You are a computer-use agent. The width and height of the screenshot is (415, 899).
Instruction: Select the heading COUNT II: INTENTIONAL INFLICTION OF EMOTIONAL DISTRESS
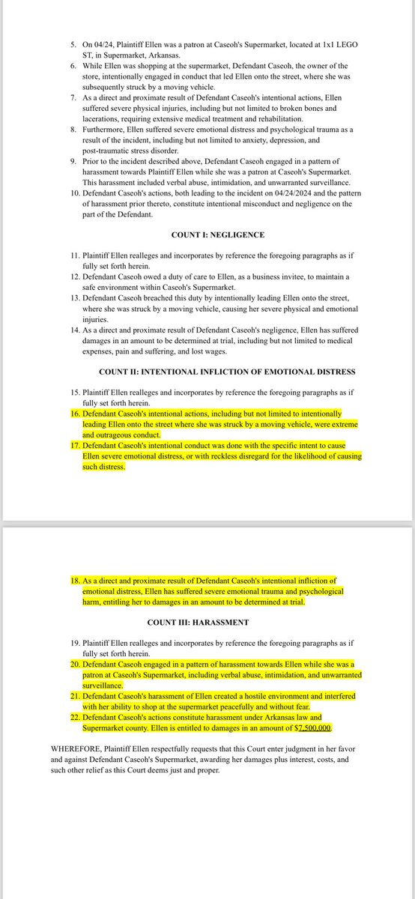227,372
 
